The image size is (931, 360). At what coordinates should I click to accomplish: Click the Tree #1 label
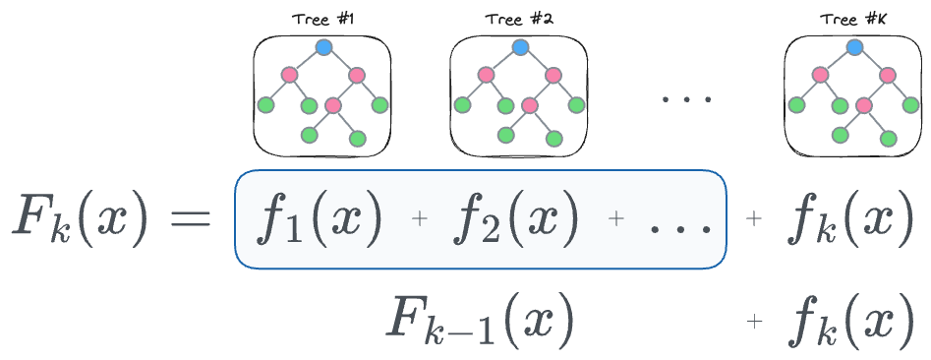[x=322, y=20]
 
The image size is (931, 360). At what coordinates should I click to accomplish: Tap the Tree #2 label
[x=520, y=20]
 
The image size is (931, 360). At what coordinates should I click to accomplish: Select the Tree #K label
[x=854, y=20]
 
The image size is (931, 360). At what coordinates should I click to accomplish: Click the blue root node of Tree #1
[x=323, y=47]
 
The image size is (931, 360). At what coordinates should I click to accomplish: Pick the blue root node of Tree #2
[x=521, y=47]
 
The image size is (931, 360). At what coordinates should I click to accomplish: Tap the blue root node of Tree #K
[x=854, y=47]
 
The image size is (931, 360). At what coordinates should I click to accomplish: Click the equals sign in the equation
[x=191, y=219]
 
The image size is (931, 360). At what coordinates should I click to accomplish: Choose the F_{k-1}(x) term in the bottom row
[x=480, y=322]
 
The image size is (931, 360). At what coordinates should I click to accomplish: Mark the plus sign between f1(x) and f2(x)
[x=421, y=221]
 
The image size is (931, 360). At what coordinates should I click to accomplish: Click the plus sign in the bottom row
[x=755, y=320]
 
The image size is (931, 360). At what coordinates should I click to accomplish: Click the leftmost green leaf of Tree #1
[x=265, y=103]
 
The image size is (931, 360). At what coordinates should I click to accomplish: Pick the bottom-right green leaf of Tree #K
[x=889, y=139]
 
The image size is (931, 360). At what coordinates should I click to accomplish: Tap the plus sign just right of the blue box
[x=755, y=221]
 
